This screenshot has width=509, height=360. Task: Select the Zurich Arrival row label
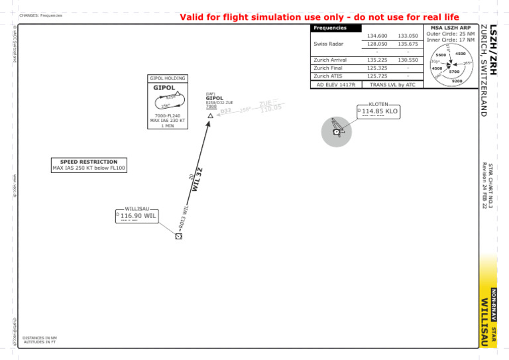click(x=331, y=60)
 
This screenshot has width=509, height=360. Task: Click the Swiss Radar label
click(x=328, y=44)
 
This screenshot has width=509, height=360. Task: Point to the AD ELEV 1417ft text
click(x=336, y=85)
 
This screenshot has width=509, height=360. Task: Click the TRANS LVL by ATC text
click(x=392, y=85)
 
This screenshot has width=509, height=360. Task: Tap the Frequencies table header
click(x=329, y=28)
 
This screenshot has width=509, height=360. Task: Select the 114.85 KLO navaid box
click(x=378, y=111)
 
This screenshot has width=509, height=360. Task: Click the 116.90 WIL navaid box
click(x=137, y=215)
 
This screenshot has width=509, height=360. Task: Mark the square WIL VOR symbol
click(x=178, y=236)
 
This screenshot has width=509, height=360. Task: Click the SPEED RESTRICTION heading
click(x=88, y=162)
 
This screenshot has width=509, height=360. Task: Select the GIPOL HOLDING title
click(x=167, y=78)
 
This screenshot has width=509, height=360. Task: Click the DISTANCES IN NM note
click(x=40, y=337)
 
